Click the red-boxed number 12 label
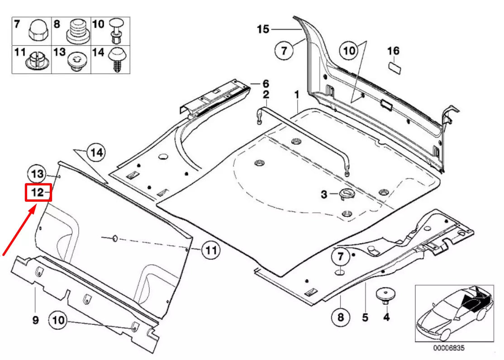pyautogui.click(x=38, y=193)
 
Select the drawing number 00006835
pyautogui.click(x=449, y=348)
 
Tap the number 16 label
pyautogui.click(x=393, y=51)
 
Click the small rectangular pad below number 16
pyautogui.click(x=395, y=67)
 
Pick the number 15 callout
pyautogui.click(x=263, y=29)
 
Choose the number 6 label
pyautogui.click(x=266, y=84)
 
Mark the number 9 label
pyautogui.click(x=35, y=320)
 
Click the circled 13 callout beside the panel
pyautogui.click(x=38, y=174)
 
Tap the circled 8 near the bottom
pyautogui.click(x=340, y=317)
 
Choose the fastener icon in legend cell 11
pyautogui.click(x=35, y=61)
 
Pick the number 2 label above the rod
pyautogui.click(x=266, y=95)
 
